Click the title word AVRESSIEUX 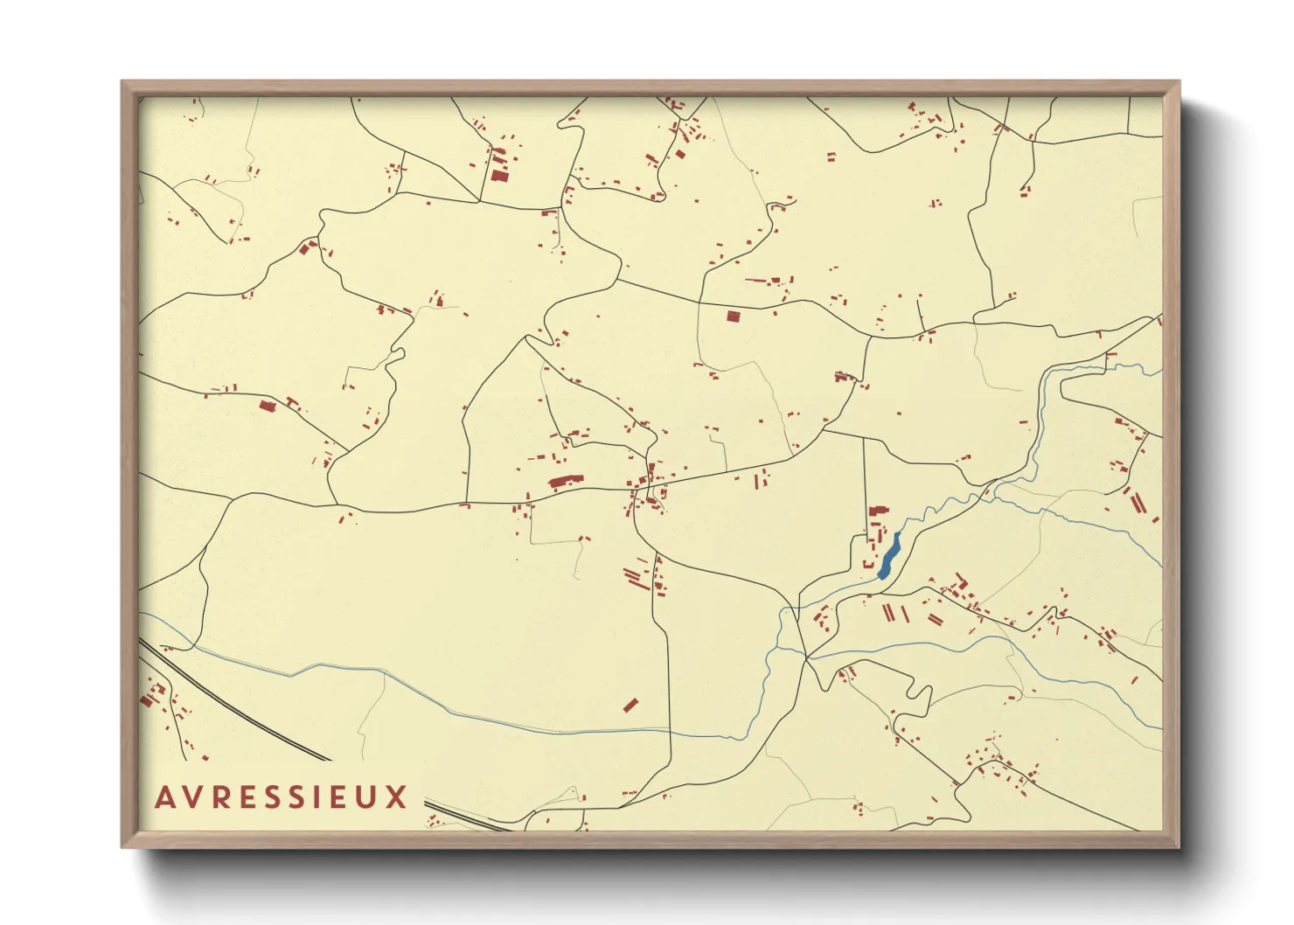(x=281, y=796)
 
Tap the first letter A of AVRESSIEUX (x=163, y=796)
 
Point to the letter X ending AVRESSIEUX (x=398, y=796)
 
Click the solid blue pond (x=889, y=557)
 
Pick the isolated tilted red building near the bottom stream (x=630, y=705)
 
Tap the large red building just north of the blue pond (x=877, y=511)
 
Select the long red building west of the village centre (x=565, y=481)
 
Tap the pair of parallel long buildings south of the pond (x=889, y=613)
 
